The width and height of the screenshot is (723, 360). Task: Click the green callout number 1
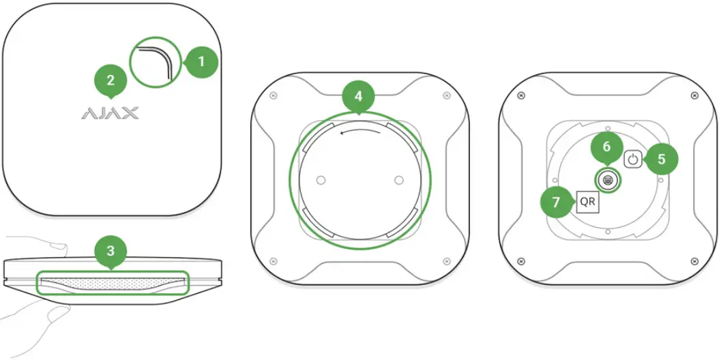pyautogui.click(x=201, y=62)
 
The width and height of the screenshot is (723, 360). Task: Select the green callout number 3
pyautogui.click(x=111, y=252)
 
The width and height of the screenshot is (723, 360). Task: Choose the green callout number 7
pyautogui.click(x=557, y=202)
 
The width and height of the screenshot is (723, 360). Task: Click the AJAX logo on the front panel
pyautogui.click(x=110, y=112)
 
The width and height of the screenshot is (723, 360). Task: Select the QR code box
pyautogui.click(x=587, y=202)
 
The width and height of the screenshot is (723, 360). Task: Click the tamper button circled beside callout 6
pyautogui.click(x=607, y=180)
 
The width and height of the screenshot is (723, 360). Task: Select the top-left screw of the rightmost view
pyautogui.click(x=521, y=95)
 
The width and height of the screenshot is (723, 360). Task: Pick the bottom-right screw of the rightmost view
pyautogui.click(x=694, y=260)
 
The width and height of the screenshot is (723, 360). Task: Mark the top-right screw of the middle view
pyautogui.click(x=446, y=95)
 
